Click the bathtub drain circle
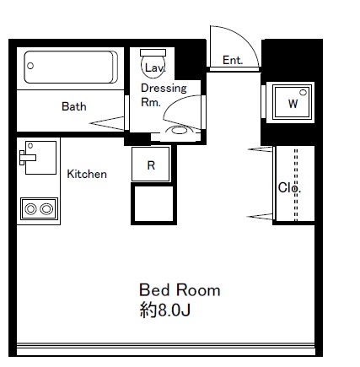click(x=30, y=66)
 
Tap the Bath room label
click(x=74, y=106)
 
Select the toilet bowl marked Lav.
click(x=153, y=67)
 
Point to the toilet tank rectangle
click(x=153, y=52)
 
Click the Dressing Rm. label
click(x=164, y=95)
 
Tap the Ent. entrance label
click(x=233, y=60)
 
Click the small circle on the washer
click(x=303, y=92)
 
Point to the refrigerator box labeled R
click(x=151, y=165)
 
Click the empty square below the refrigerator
click(x=153, y=203)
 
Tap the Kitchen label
click(x=87, y=174)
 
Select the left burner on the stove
click(x=30, y=209)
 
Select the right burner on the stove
click(x=46, y=209)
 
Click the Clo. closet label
click(x=289, y=187)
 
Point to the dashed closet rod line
click(x=296, y=185)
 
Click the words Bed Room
click(x=180, y=290)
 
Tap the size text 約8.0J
click(x=165, y=310)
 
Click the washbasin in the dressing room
click(x=179, y=131)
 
